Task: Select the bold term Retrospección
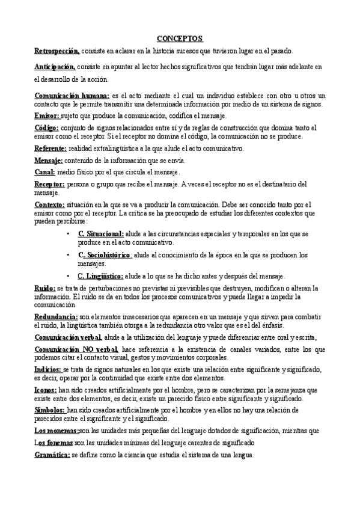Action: click(x=57, y=52)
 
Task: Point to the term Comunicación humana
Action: click(x=72, y=96)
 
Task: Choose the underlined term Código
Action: click(x=46, y=128)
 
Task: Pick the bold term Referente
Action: click(x=50, y=148)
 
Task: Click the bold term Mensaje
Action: click(x=49, y=161)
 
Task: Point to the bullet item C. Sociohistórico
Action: click(x=105, y=254)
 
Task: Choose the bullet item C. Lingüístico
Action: click(x=101, y=276)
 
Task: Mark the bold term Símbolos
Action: click(x=49, y=410)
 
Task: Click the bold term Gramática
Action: click(x=52, y=455)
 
